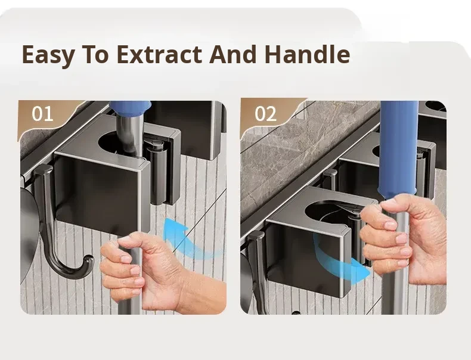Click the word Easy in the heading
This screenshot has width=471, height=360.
pyautogui.click(x=48, y=55)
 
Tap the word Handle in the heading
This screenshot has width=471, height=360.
pyautogui.click(x=308, y=54)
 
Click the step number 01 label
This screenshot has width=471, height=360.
pyautogui.click(x=42, y=114)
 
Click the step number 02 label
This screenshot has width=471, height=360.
pyautogui.click(x=265, y=114)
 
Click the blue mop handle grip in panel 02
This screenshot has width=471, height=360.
pyautogui.click(x=398, y=147)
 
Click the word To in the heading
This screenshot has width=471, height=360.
pyautogui.click(x=95, y=54)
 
